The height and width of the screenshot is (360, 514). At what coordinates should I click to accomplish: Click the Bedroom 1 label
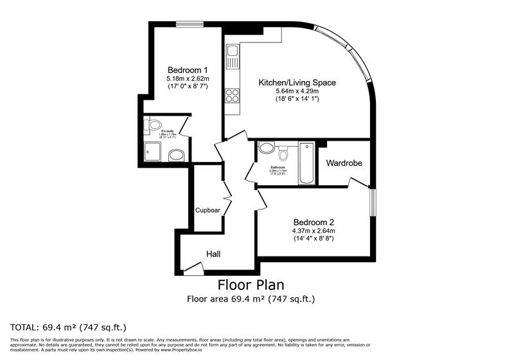pyautogui.click(x=188, y=70)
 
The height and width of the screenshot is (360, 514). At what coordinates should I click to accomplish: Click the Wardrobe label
pyautogui.click(x=344, y=163)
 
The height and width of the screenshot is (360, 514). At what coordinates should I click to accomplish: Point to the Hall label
pyautogui.click(x=213, y=255)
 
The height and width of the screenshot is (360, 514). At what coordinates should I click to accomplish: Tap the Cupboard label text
pyautogui.click(x=208, y=210)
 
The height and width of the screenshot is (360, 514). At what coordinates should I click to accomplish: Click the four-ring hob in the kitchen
pyautogui.click(x=232, y=95)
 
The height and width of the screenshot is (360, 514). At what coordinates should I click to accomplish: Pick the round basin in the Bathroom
pyautogui.click(x=266, y=148)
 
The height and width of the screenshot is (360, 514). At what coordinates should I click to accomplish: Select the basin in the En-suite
pyautogui.click(x=153, y=125)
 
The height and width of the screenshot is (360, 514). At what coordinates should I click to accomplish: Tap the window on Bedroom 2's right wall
pyautogui.click(x=372, y=203)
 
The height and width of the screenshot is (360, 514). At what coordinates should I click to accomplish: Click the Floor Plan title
pyautogui.click(x=251, y=285)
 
